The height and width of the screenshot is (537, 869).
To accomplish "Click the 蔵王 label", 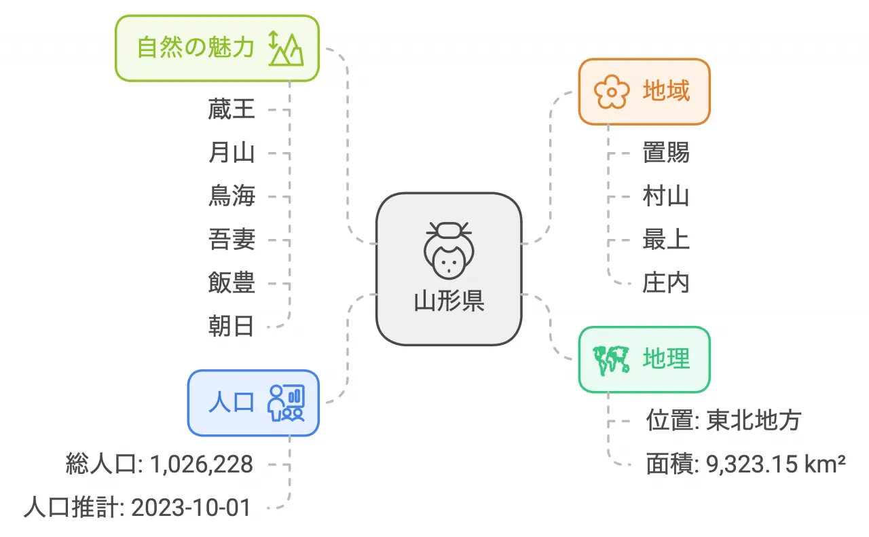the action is tap(232, 109).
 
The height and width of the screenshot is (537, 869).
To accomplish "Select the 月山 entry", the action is tap(232, 153).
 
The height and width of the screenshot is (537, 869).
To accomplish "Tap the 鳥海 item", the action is tap(232, 196).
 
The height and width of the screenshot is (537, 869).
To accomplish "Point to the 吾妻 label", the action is tap(232, 240).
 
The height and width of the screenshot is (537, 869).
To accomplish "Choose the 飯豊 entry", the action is tap(232, 283).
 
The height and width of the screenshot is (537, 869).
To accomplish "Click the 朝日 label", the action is tap(232, 327).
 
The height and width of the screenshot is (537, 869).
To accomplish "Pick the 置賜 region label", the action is tap(666, 153).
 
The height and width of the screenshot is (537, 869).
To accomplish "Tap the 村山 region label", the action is tap(666, 196).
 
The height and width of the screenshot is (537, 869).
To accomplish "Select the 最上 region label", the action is tap(666, 240).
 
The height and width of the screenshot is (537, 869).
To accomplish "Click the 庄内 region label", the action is tap(666, 283).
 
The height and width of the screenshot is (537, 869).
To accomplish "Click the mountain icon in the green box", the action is tap(286, 48).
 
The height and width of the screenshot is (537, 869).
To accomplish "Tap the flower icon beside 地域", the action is tap(612, 92).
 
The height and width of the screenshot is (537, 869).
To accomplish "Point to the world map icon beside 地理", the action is tap(612, 360).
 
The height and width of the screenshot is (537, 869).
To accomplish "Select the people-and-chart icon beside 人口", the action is tap(286, 403).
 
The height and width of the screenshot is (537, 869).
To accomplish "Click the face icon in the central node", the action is tap(449, 251).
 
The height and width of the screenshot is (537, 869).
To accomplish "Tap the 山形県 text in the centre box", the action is tap(449, 301).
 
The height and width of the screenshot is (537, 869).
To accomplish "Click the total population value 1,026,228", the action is tap(202, 464).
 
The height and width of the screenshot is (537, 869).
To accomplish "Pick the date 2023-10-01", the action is tap(191, 508).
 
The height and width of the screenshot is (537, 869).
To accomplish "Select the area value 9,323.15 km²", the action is tap(776, 464).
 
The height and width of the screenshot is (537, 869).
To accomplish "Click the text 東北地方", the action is tap(754, 420).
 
